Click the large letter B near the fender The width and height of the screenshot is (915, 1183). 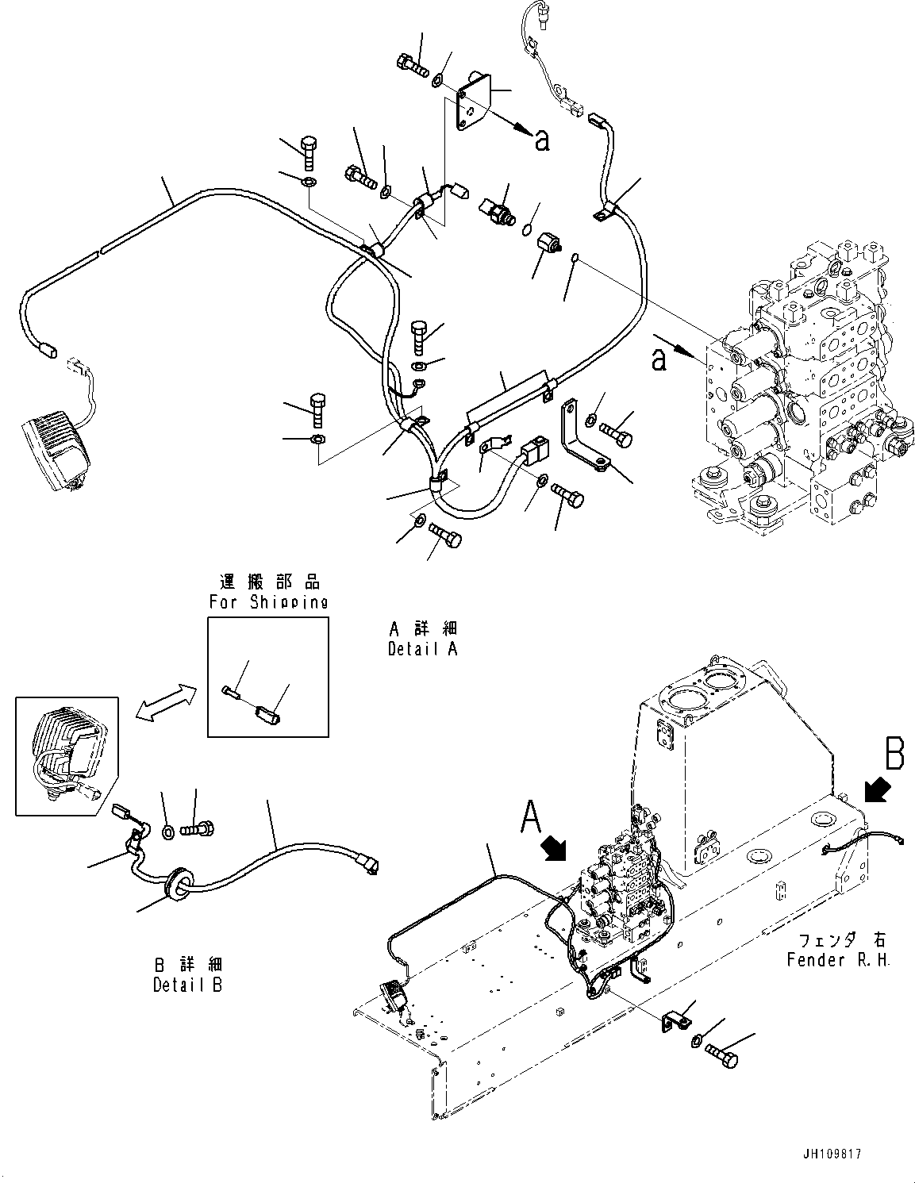(894, 755)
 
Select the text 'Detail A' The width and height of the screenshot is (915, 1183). (422, 649)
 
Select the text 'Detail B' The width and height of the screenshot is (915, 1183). (187, 985)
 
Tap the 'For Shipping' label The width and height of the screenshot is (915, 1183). (268, 602)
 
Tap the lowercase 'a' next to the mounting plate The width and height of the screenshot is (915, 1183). (542, 140)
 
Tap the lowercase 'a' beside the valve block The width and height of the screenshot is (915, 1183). (658, 361)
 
